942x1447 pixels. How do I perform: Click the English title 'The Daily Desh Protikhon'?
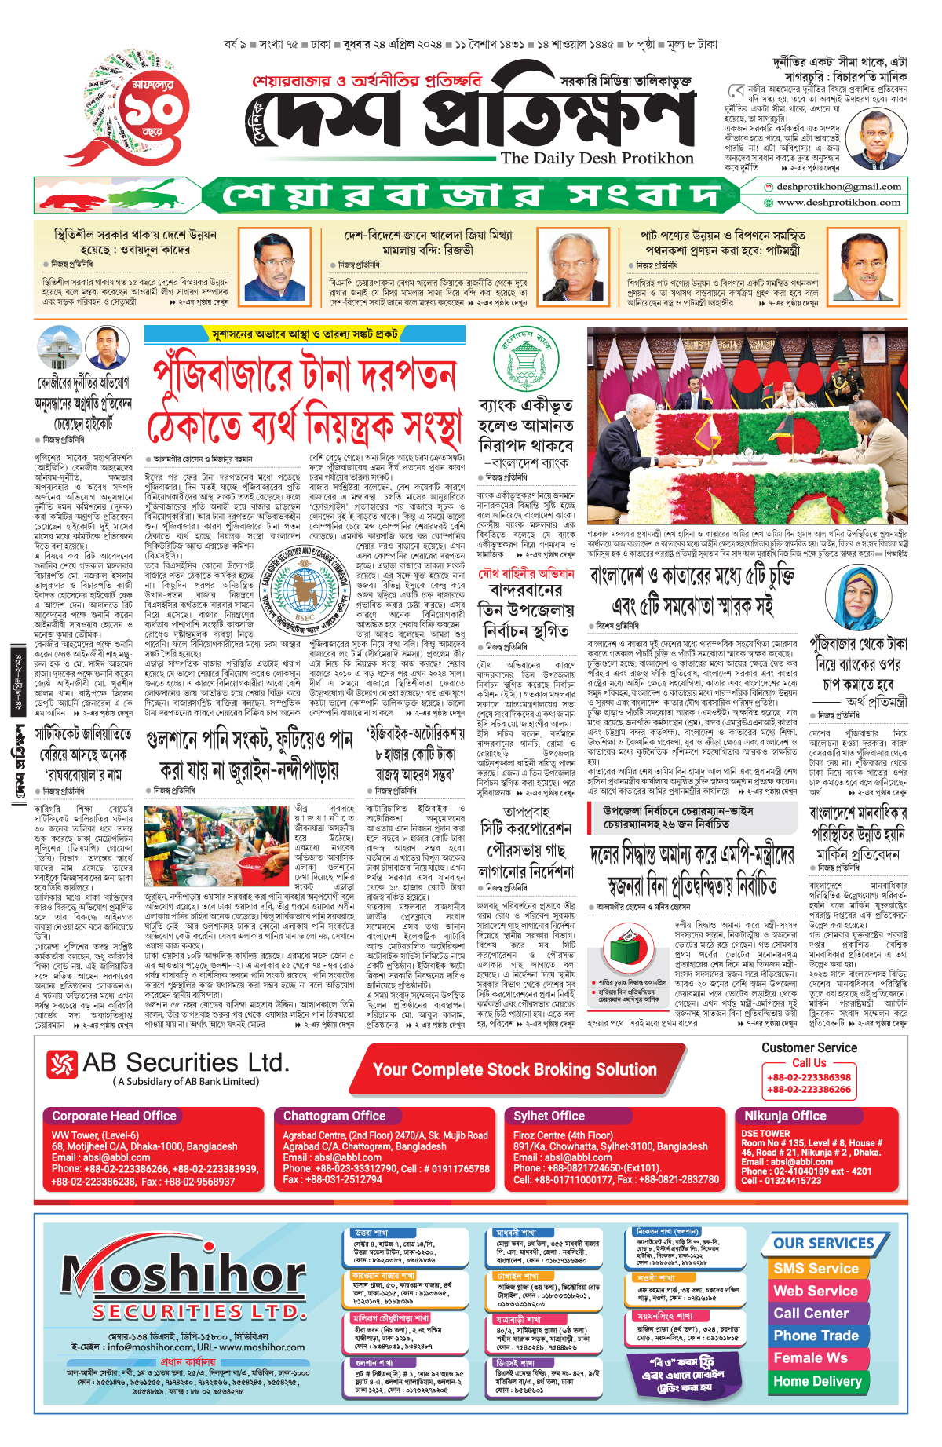pos(597,159)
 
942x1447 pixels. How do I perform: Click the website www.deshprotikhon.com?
pos(838,203)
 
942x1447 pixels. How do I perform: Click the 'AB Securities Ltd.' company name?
pos(185,1063)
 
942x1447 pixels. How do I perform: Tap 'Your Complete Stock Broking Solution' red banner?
pos(514,1069)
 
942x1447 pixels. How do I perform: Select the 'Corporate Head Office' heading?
pos(115,1116)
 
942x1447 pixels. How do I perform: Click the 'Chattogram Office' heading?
pos(334,1116)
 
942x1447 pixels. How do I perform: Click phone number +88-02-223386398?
pos(809,1077)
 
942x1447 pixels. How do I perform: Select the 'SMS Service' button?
pos(816,1269)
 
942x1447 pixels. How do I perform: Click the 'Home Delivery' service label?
pos(817,1381)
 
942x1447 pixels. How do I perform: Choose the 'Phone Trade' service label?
pos(816,1336)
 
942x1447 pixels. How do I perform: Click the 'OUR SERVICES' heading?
pos(823,1244)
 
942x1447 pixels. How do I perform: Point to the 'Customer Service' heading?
pos(809,1047)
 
